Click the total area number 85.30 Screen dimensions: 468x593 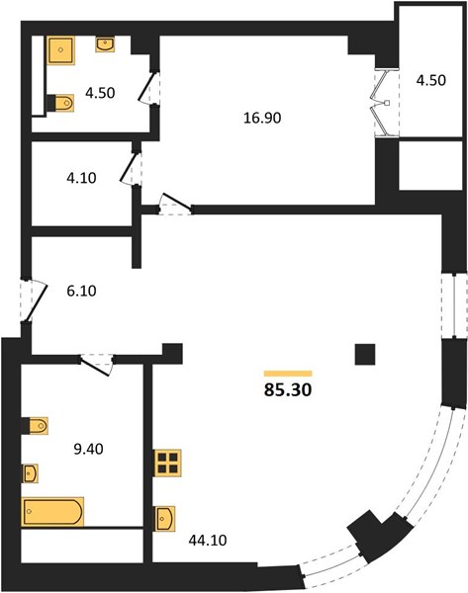[x=288, y=389]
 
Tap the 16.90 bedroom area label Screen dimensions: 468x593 [x=262, y=118]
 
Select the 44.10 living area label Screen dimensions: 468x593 [x=208, y=540]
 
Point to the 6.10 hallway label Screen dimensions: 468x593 [x=81, y=291]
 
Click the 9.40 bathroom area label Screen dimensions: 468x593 [x=88, y=449]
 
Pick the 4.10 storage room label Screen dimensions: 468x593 [x=81, y=178]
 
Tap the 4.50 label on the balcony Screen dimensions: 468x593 [x=430, y=80]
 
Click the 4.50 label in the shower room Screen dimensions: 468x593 [x=100, y=93]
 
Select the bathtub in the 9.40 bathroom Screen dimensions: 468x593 [x=52, y=512]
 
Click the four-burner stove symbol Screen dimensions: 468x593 [x=167, y=463]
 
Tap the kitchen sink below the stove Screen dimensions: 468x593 [x=164, y=519]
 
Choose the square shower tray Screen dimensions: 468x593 [x=60, y=50]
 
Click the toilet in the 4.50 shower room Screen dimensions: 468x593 [x=61, y=103]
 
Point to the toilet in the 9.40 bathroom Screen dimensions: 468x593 [x=36, y=426]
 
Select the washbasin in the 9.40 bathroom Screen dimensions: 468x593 [x=31, y=473]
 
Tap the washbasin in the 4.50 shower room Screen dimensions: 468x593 [x=105, y=44]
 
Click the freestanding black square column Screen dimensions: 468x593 [x=365, y=354]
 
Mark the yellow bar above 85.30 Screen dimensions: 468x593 [x=288, y=374]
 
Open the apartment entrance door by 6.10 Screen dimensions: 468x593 [x=34, y=301]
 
